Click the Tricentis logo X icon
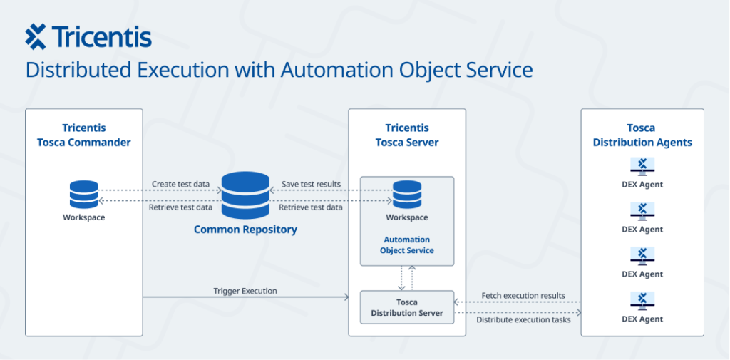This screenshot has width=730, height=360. pos(36,36)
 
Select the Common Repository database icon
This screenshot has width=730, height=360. pos(245,195)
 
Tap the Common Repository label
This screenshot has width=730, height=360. pos(245,230)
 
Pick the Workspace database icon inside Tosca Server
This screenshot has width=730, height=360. pos(407,195)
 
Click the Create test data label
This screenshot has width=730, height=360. pos(180,185)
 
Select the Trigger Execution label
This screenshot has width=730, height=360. pos(245,291)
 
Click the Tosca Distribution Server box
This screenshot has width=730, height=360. pos(407,307)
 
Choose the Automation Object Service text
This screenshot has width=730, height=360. pos(407,245)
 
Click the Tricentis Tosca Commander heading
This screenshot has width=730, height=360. pos(83,135)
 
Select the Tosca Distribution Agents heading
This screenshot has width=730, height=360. pos(642,135)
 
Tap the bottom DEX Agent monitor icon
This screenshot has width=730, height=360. pos(642,302)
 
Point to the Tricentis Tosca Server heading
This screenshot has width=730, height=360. pos(407,135)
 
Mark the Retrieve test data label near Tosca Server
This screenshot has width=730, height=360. pos(310,207)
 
